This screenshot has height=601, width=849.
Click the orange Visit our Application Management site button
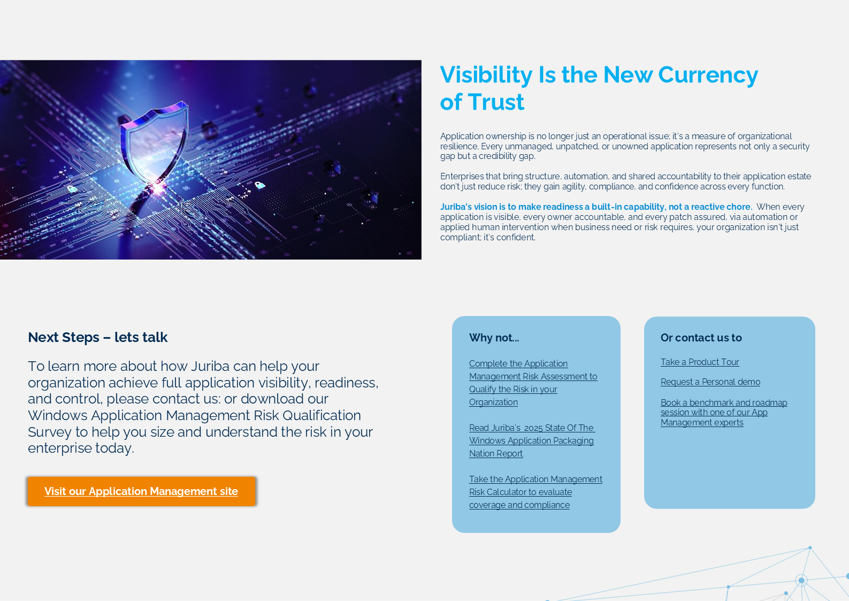pyautogui.click(x=141, y=491)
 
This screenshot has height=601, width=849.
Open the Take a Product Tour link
pyautogui.click(x=700, y=362)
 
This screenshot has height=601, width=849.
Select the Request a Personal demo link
pyautogui.click(x=710, y=382)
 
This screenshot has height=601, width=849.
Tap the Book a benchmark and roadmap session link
pyautogui.click(x=723, y=413)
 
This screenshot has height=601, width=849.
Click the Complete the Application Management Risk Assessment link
pyautogui.click(x=533, y=383)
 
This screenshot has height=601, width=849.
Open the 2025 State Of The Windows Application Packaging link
pyautogui.click(x=532, y=440)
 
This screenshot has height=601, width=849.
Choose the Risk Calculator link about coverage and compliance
pyautogui.click(x=536, y=492)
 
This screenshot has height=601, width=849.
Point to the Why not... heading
pyautogui.click(x=494, y=338)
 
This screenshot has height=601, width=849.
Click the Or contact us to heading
pyautogui.click(x=701, y=338)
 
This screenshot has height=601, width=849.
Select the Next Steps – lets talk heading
pyautogui.click(x=97, y=337)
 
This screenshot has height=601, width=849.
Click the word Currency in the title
pyautogui.click(x=708, y=75)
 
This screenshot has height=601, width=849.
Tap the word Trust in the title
pyautogui.click(x=496, y=102)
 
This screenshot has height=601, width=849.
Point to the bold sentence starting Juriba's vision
pyautogui.click(x=596, y=207)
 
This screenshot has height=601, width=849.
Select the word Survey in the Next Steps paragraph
pyautogui.click(x=50, y=432)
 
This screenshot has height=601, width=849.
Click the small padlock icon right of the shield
pyautogui.click(x=259, y=185)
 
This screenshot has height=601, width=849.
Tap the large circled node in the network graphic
pyautogui.click(x=801, y=580)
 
